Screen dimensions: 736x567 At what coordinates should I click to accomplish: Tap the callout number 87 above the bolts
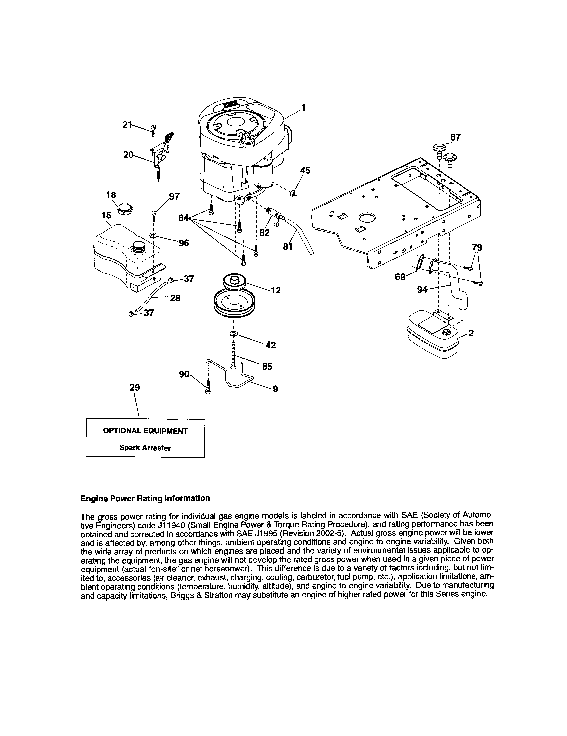pyautogui.click(x=456, y=137)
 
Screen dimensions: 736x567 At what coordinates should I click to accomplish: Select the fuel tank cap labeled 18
pyautogui.click(x=124, y=209)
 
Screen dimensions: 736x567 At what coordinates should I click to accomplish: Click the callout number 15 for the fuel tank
pyautogui.click(x=106, y=215)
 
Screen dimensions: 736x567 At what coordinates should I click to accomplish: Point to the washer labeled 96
pyautogui.click(x=153, y=235)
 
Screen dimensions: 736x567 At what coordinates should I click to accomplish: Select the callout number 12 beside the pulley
pyautogui.click(x=275, y=290)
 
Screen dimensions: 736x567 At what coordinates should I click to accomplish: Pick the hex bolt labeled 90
pyautogui.click(x=207, y=387)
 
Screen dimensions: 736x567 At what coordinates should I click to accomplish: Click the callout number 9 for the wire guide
pyautogui.click(x=275, y=389)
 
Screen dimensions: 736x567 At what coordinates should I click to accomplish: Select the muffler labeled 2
pyautogui.click(x=432, y=335)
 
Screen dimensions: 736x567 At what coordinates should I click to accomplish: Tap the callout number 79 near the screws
pyautogui.click(x=477, y=247)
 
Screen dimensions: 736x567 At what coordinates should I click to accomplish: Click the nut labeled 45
pyautogui.click(x=293, y=193)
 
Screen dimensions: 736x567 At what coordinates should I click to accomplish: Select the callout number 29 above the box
pyautogui.click(x=134, y=387)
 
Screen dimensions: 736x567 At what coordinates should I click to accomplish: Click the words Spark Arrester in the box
pyautogui.click(x=145, y=448)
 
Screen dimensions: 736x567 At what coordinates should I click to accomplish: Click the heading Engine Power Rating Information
pyautogui.click(x=145, y=498)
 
